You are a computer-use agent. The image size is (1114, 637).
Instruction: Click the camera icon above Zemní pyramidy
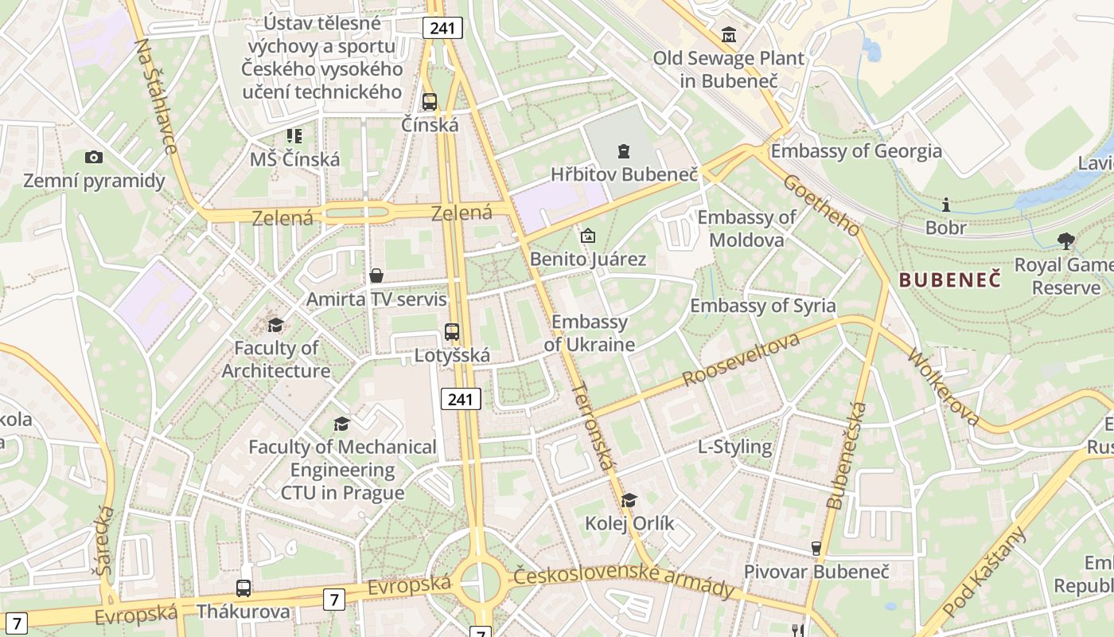[93, 158]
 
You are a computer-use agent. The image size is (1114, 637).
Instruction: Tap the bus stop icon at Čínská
[430, 102]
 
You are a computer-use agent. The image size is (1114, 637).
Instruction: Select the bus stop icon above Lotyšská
[452, 332]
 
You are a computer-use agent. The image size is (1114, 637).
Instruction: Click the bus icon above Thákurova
[243, 588]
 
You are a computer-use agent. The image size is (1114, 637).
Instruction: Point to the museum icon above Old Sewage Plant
[729, 35]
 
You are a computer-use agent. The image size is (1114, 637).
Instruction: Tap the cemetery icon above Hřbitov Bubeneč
[624, 150]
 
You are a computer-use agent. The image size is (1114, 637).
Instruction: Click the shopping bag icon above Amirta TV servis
[376, 276]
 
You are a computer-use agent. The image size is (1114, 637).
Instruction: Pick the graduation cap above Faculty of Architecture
[275, 325]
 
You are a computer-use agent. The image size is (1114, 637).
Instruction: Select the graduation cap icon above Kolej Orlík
[629, 500]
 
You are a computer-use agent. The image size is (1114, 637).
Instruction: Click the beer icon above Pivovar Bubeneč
[816, 549]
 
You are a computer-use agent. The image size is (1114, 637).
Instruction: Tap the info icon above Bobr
[946, 205]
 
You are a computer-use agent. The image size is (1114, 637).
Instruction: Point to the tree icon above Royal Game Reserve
[1066, 240]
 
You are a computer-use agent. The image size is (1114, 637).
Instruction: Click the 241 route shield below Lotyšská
[461, 399]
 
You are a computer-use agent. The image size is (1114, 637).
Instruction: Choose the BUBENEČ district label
[949, 279]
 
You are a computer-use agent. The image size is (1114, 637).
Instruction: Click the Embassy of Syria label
[763, 306]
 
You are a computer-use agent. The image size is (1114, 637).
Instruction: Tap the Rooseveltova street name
[742, 361]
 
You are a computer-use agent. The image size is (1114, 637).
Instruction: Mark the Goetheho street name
[822, 205]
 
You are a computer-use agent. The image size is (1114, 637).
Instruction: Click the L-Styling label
[734, 447]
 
